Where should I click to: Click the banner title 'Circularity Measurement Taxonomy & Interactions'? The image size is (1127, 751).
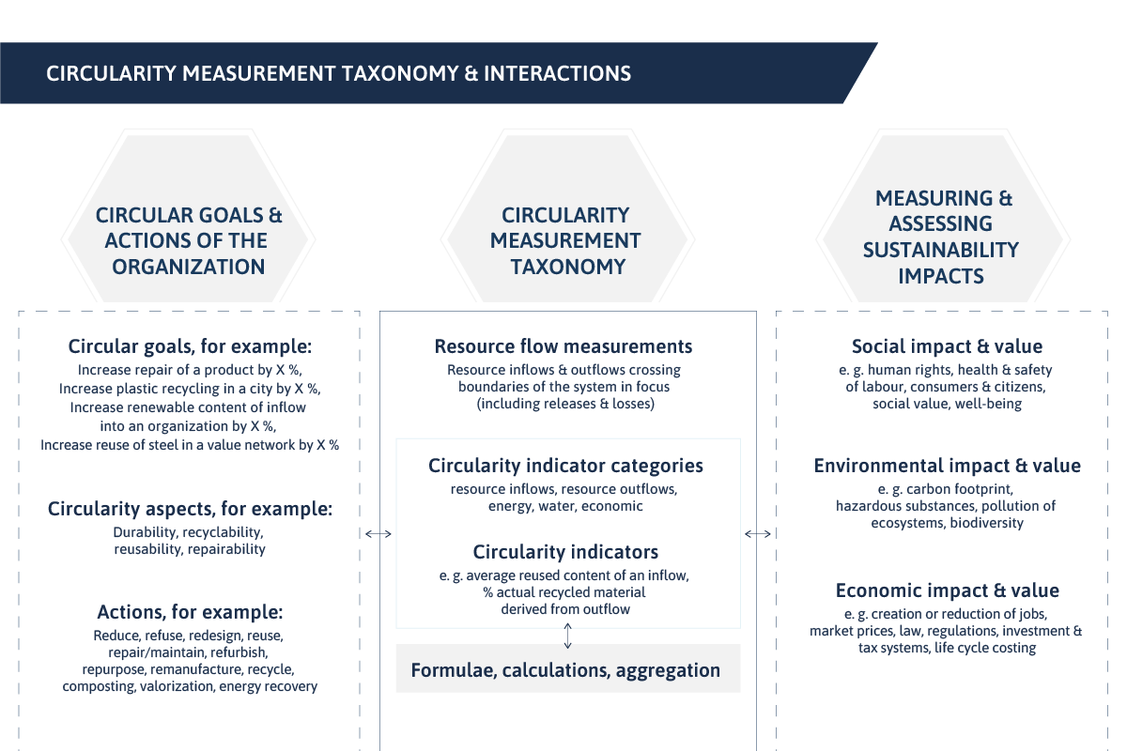coord(338,73)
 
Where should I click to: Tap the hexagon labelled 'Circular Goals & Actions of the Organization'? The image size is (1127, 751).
coord(188,219)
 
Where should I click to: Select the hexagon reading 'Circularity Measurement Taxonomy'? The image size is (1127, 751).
coord(567,219)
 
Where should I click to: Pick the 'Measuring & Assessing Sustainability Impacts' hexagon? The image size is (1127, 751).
coord(943,219)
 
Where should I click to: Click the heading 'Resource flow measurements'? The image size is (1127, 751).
coord(563,346)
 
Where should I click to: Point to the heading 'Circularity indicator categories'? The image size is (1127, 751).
coord(565,466)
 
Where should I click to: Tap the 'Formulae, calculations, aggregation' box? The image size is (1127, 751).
coord(568,668)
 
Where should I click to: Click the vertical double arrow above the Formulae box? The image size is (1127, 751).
coord(567,636)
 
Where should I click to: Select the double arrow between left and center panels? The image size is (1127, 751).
coord(378,534)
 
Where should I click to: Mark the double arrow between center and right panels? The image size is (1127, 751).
coord(758,534)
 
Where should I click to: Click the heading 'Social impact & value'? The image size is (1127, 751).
coord(947,346)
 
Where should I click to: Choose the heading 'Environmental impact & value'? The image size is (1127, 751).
coord(947,466)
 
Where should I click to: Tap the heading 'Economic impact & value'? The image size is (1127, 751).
coord(947,590)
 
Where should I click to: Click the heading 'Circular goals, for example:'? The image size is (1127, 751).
coord(190,346)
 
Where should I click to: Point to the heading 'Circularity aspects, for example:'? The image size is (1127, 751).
coord(190,509)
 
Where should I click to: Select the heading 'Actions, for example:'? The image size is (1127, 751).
coord(190,612)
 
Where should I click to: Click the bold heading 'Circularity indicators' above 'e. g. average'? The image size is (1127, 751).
coord(565,552)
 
